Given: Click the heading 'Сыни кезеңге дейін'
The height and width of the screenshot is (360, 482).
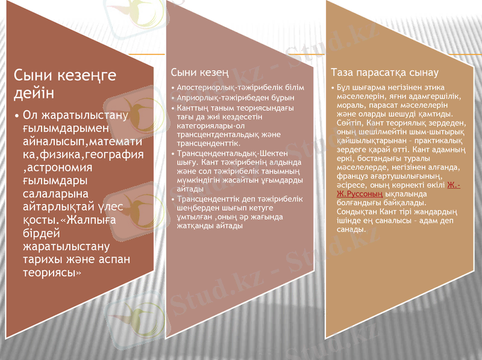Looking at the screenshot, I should (x=65, y=84).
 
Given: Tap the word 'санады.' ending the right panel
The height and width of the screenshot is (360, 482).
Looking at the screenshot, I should (x=351, y=229).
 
